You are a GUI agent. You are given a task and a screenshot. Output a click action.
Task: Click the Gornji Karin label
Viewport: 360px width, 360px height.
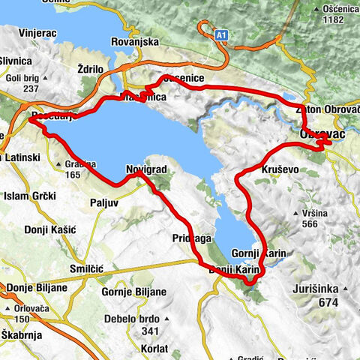260,253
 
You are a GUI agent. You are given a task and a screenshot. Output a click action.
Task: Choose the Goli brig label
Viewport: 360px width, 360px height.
21,76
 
